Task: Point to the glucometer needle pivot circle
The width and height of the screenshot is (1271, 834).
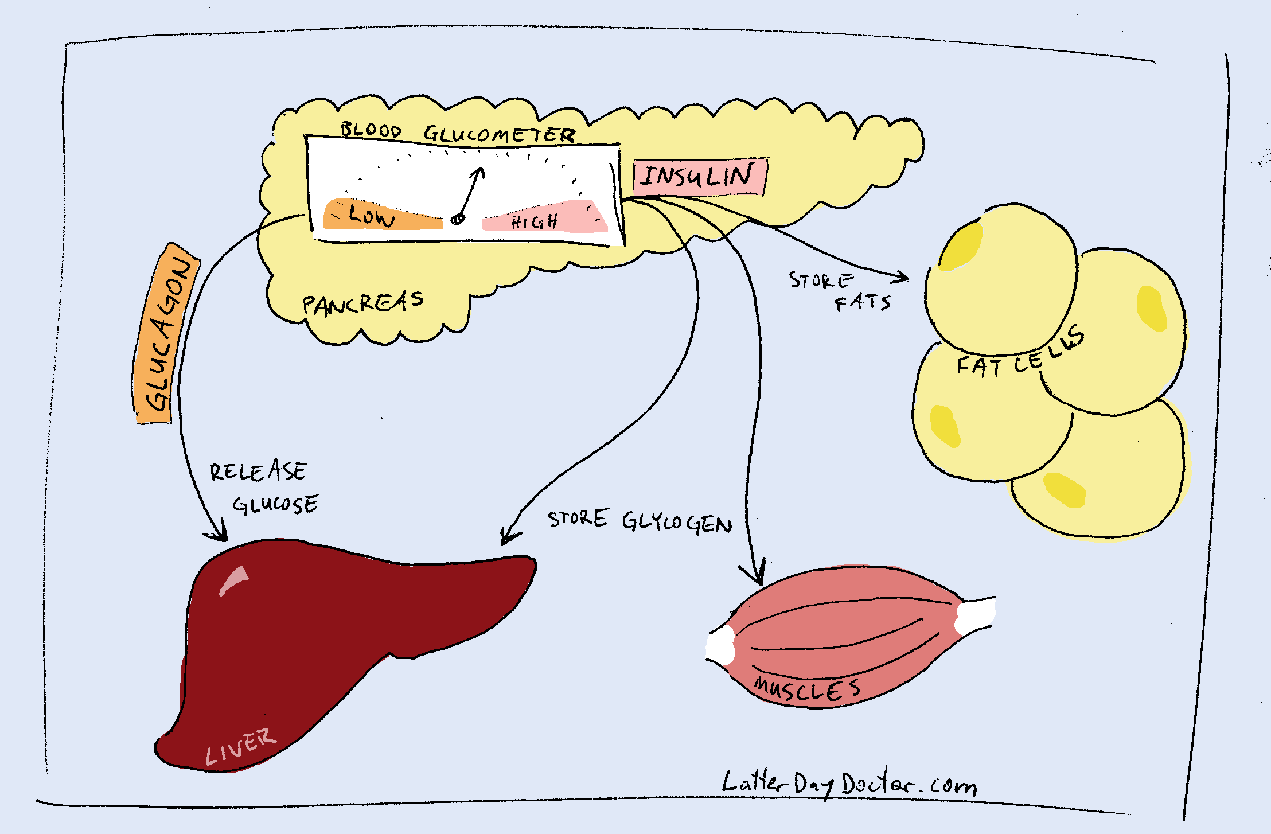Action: click(x=458, y=219)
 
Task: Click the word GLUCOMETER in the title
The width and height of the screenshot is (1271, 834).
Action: click(x=499, y=135)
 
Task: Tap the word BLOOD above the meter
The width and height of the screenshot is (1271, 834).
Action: click(x=371, y=130)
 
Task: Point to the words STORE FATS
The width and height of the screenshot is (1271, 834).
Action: click(x=840, y=291)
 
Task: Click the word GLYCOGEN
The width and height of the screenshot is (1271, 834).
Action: click(x=677, y=523)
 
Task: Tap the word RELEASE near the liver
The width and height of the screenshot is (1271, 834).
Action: click(x=258, y=471)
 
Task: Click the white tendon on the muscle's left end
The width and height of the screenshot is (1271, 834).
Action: click(x=720, y=646)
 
